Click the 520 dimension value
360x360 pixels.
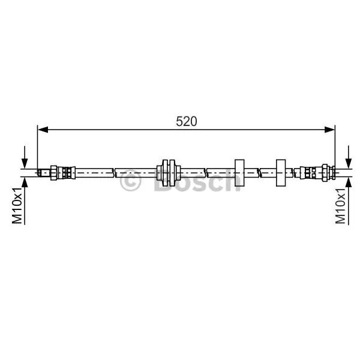186,121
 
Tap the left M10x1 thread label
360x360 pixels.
17,205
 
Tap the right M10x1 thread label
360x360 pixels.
340,205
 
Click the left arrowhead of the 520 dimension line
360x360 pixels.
43,130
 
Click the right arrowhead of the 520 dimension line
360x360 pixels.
329,130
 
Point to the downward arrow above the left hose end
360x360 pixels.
25,157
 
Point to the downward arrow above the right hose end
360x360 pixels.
349,157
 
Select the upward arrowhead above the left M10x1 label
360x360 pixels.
25,182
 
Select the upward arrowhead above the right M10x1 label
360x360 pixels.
349,182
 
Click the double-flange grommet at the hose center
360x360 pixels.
169,173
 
